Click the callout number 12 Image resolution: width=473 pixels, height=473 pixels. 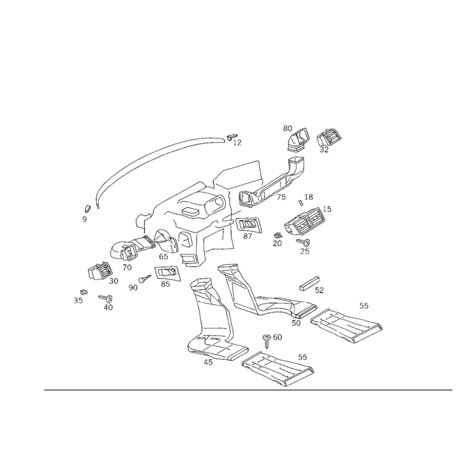238,142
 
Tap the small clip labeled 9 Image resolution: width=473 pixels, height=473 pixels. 87,208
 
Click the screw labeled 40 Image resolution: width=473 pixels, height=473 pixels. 106,298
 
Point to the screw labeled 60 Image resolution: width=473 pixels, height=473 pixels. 267,341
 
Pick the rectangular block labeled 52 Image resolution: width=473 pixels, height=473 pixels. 309,283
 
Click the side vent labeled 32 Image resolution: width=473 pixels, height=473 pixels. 329,137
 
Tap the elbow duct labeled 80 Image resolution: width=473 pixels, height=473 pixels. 298,140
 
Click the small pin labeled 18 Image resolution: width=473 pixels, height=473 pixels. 300,202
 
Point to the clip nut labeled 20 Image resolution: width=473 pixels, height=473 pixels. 277,235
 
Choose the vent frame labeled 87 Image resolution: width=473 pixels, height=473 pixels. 248,225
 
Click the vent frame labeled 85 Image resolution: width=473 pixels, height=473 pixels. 167,273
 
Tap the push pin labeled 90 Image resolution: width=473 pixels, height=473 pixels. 145,278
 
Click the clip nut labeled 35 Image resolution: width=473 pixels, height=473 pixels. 84,291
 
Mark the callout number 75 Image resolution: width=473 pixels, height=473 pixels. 281,197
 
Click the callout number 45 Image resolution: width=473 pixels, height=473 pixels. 208,362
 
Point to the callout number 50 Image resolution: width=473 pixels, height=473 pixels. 296,323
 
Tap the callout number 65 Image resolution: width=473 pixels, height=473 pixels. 163,257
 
